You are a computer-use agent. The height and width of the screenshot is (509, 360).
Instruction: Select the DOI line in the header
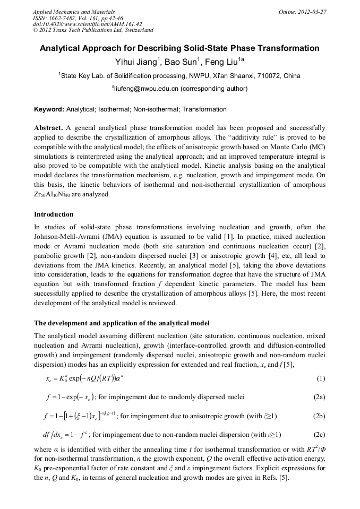87,24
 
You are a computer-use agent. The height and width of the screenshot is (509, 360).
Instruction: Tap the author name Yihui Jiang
135,62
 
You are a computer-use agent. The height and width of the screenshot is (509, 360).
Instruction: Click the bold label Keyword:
49,110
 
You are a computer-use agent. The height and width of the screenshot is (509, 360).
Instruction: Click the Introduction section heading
54,214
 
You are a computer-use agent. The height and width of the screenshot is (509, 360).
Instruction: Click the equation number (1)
320,378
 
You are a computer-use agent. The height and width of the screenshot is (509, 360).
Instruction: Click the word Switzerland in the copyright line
136,30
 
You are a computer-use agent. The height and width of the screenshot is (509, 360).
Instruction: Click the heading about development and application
122,323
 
